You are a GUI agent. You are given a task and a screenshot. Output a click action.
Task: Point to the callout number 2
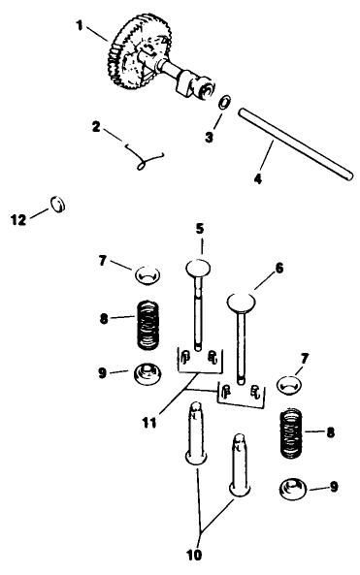tap(95, 125)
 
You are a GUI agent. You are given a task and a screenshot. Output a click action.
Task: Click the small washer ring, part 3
tap(223, 104)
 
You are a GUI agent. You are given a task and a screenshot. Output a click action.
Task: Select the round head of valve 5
tap(198, 268)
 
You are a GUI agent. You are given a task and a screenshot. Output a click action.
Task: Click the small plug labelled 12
tap(58, 204)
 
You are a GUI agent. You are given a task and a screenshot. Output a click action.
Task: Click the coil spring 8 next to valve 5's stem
tap(145, 326)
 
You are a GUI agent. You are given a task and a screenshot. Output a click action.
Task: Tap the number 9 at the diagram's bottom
tap(334, 487)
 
